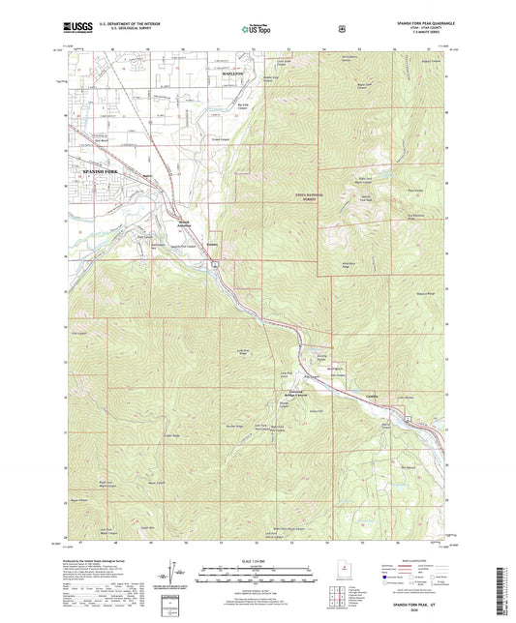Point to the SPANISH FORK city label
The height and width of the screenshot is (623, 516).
96,170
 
